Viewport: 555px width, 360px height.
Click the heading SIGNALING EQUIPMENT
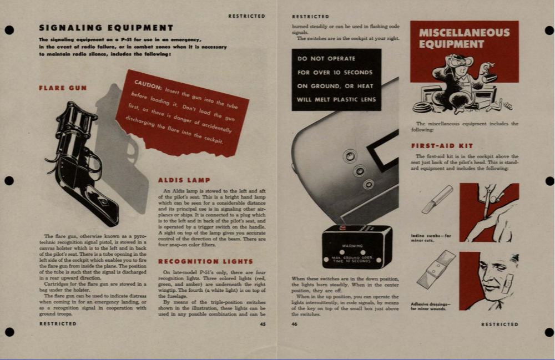(106, 28)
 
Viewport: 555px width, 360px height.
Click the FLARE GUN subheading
(63, 88)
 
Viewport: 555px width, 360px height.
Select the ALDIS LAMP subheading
(184, 180)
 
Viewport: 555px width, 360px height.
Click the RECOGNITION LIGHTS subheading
(205, 261)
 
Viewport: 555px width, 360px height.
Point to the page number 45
(263, 324)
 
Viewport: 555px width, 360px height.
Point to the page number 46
(294, 324)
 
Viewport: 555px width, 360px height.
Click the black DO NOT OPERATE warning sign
(336, 79)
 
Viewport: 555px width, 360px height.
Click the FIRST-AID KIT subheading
(442, 146)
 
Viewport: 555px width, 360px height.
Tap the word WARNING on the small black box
(352, 246)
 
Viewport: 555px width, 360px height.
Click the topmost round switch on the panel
(350, 156)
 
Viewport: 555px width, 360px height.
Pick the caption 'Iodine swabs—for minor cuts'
(431, 238)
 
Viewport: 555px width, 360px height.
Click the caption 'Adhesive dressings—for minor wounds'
(431, 306)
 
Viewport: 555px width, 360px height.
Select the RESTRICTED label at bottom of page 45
(58, 324)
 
